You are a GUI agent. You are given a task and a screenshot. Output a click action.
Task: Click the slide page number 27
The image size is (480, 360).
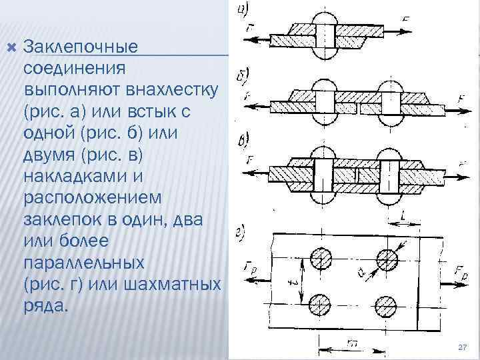[x=463, y=348]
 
